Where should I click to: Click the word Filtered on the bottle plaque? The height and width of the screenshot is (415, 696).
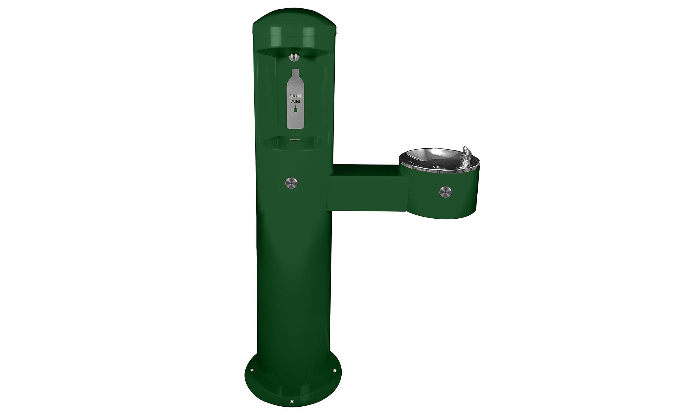295,96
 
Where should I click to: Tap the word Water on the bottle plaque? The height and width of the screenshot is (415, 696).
295,101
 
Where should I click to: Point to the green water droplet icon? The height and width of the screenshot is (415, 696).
295,109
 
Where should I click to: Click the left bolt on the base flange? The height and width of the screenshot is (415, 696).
251,370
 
